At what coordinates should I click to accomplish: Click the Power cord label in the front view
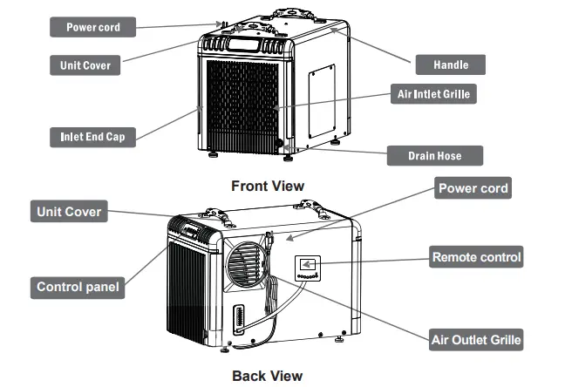click(x=92, y=27)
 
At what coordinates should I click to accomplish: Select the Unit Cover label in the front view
click(x=85, y=65)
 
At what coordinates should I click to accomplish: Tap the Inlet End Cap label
click(x=92, y=137)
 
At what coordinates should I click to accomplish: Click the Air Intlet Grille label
click(x=432, y=94)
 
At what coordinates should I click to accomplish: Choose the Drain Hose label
click(x=434, y=156)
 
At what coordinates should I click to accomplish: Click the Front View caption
click(x=268, y=186)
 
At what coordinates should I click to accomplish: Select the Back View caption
click(x=267, y=376)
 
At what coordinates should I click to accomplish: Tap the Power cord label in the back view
click(x=473, y=188)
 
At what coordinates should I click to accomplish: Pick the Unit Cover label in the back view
click(x=69, y=212)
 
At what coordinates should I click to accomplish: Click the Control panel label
click(x=78, y=287)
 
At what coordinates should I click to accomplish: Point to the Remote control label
click(x=477, y=257)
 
